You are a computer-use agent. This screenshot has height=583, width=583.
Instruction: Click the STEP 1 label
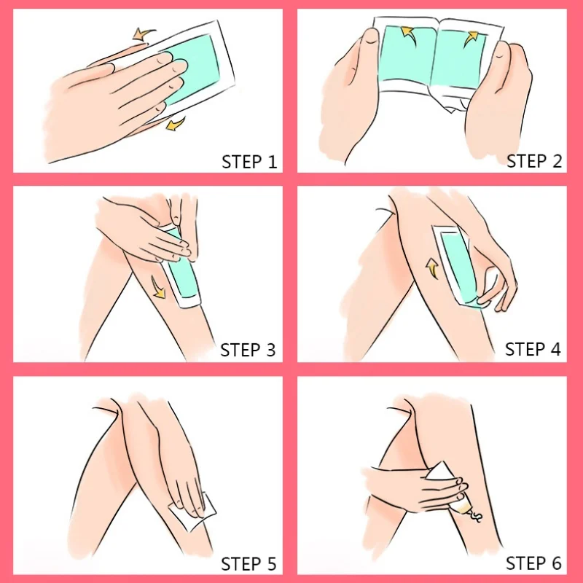249,162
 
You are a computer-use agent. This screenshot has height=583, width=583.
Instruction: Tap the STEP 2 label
534,161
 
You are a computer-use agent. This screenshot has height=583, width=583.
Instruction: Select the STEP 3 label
248,350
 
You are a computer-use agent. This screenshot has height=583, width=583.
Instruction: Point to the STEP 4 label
533,349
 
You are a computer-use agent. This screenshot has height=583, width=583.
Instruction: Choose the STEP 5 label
249,564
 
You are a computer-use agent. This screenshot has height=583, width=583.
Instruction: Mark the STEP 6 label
533,563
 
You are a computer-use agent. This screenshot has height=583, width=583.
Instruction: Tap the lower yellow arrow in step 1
175,124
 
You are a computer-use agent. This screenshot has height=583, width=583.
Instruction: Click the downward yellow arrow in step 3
159,288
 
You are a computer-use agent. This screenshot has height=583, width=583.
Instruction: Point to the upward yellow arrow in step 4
431,267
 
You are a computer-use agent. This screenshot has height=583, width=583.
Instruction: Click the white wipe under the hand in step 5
192,512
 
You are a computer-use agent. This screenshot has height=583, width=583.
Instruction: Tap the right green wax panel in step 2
459,60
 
